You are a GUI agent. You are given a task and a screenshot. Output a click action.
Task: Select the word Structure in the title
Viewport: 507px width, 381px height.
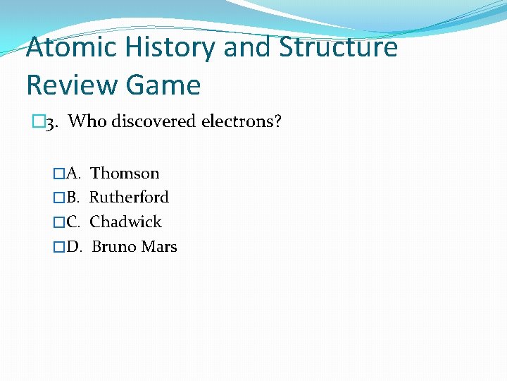point(339,48)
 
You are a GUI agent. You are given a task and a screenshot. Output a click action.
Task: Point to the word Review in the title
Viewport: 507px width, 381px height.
point(62,85)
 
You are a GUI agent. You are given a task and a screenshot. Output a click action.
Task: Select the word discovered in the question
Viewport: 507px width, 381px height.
point(154,121)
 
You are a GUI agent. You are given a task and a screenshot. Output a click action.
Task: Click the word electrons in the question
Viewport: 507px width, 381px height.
point(242,121)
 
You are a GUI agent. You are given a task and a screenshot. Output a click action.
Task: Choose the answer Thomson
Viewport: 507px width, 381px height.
point(125,173)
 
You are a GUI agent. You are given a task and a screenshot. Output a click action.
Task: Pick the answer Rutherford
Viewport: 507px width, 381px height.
point(130,197)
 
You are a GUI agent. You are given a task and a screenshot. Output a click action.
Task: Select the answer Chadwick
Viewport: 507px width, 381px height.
point(126,222)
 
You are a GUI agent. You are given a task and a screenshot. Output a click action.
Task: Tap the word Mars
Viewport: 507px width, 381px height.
point(159,246)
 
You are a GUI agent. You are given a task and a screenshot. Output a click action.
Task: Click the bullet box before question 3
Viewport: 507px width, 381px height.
point(38,122)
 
